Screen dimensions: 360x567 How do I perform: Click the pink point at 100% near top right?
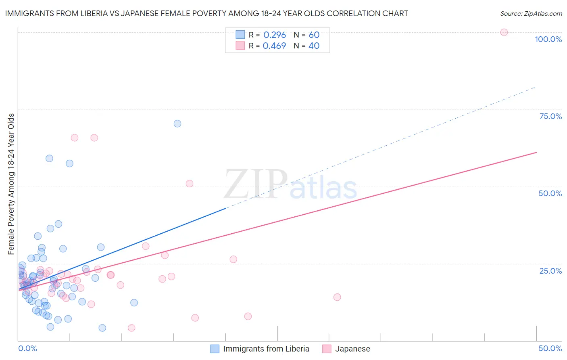pyautogui.click(x=504, y=32)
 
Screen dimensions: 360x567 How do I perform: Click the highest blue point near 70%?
pyautogui.click(x=177, y=123)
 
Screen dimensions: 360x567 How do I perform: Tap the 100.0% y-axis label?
pyautogui.click(x=548, y=39)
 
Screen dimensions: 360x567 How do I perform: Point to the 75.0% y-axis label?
pyautogui.click(x=550, y=116)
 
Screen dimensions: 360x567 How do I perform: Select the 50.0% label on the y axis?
pyautogui.click(x=550, y=193)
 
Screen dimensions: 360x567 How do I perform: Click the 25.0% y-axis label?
pyautogui.click(x=550, y=270)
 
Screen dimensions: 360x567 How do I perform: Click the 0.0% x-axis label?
pyautogui.click(x=27, y=348)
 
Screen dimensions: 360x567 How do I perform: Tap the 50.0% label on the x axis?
pyautogui.click(x=550, y=348)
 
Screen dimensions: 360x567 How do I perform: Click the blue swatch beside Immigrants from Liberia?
pyautogui.click(x=215, y=349)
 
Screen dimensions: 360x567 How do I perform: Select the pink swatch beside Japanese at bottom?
pyautogui.click(x=327, y=349)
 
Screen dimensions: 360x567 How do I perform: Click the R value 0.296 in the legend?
pyautogui.click(x=275, y=35)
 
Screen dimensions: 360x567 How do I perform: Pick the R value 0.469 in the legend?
pyautogui.click(x=274, y=46)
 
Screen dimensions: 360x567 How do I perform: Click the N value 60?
pyautogui.click(x=314, y=35)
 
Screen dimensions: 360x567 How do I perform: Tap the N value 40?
pyautogui.click(x=314, y=46)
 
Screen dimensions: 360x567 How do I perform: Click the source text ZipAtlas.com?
pyautogui.click(x=531, y=14)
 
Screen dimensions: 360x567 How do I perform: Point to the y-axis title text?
pyautogui.click(x=11, y=184)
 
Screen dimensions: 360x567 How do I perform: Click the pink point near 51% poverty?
pyautogui.click(x=189, y=184)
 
